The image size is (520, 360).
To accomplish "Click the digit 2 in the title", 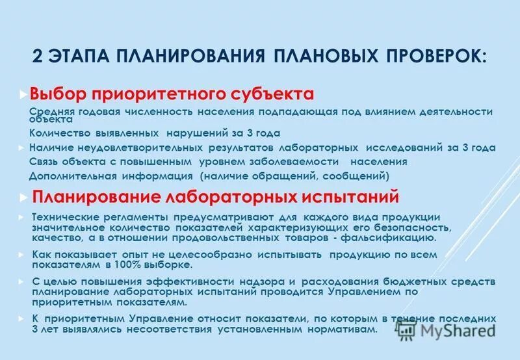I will pyautogui.click(x=38, y=55).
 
